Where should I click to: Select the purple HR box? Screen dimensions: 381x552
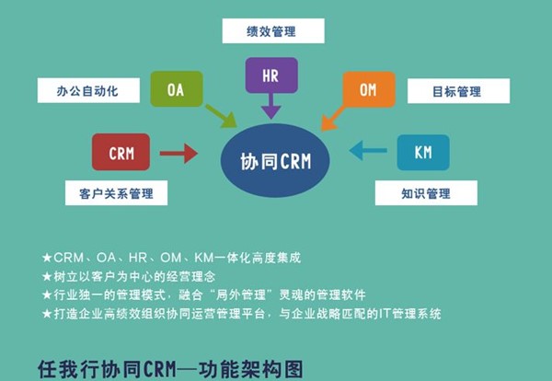tap(271, 75)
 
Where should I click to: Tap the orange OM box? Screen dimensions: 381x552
tap(368, 89)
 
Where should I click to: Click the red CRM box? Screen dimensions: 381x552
tap(121, 152)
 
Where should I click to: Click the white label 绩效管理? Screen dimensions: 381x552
tap(271, 31)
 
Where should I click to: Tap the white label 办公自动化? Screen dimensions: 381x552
tap(89, 89)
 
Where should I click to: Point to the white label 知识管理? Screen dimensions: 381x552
tap(426, 192)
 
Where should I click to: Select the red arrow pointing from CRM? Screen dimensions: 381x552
tap(178, 152)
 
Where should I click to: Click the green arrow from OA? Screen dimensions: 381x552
tap(221, 116)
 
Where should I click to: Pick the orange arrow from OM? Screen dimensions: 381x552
tap(332, 117)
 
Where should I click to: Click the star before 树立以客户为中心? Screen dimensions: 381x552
tap(47, 276)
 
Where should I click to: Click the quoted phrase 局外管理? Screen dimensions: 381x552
tap(266, 294)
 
